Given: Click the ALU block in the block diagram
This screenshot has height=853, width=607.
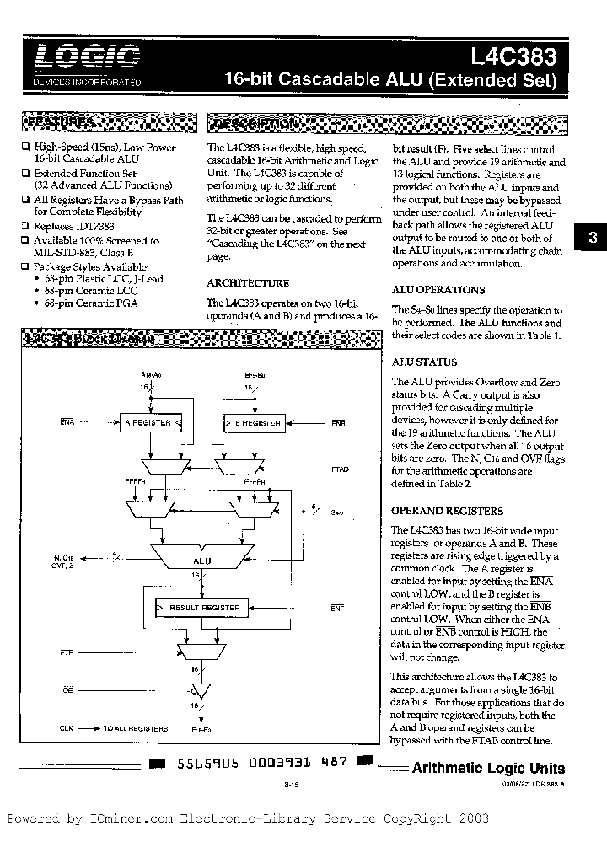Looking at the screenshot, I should (202, 559).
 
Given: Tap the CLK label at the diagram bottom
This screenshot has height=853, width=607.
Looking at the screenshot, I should (67, 728).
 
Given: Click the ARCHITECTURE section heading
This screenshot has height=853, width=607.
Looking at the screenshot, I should (248, 283).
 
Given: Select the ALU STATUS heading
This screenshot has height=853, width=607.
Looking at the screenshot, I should (425, 362).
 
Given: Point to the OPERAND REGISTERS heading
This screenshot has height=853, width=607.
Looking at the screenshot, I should (448, 511).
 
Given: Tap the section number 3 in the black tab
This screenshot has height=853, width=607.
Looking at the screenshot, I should (592, 239).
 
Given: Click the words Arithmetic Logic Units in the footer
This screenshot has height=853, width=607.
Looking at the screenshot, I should (488, 768).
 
